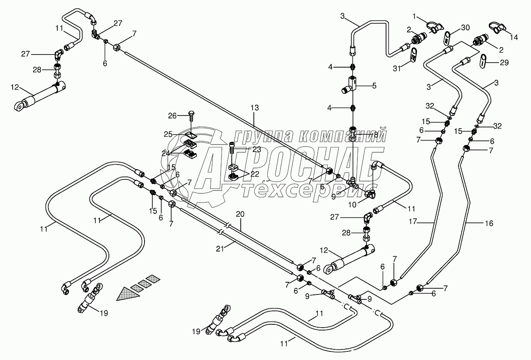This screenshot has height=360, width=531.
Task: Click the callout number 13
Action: (255, 108)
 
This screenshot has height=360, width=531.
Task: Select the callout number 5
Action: (374, 86)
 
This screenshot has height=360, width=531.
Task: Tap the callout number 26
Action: (172, 116)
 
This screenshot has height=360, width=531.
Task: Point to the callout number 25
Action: (168, 134)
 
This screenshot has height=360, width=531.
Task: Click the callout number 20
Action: (240, 214)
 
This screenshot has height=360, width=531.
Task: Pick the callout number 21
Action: (220, 249)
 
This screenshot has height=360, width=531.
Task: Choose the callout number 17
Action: (413, 222)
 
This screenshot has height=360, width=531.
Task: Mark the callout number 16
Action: (489, 223)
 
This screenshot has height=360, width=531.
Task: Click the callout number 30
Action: (465, 28)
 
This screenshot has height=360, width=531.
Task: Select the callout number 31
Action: (397, 68)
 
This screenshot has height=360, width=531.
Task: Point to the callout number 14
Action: (514, 37)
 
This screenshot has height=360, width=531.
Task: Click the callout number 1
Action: (414, 16)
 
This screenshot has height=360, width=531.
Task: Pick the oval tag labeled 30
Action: (446, 38)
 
